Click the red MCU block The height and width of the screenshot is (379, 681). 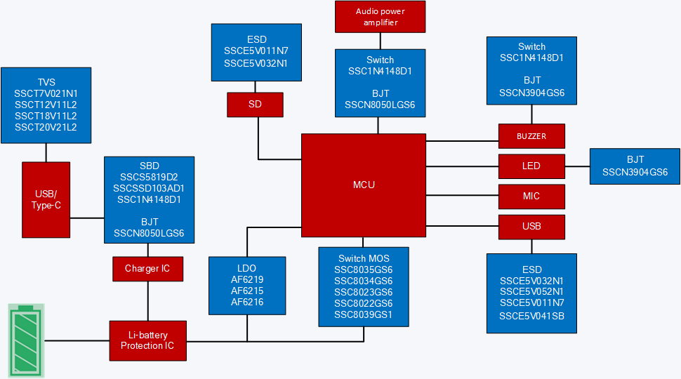coord(364,185)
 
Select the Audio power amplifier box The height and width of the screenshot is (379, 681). coord(380,17)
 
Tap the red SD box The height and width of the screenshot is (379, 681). coord(255,105)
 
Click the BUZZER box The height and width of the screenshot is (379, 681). coord(531,136)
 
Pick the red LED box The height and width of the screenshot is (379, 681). coord(531,166)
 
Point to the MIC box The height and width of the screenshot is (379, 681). coord(531,197)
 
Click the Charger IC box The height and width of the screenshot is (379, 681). coord(147,269)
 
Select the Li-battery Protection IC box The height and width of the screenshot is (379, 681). coord(147,340)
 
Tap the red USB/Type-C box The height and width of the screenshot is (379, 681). coord(46,199)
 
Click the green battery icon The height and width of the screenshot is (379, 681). coord(26,340)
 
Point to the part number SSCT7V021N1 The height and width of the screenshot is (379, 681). coord(46,93)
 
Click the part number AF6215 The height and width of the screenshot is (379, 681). coord(247,291)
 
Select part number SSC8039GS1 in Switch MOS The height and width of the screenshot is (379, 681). coord(363,314)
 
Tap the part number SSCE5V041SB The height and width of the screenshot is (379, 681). coord(531,316)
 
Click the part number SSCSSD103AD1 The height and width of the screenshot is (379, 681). coord(149,188)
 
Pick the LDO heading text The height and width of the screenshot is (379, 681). coord(247,268)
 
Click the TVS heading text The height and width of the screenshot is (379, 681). coord(46,81)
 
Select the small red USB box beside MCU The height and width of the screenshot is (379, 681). coord(531,227)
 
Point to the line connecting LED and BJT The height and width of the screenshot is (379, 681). coord(577,166)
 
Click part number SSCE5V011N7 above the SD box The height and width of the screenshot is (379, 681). coord(256,51)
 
